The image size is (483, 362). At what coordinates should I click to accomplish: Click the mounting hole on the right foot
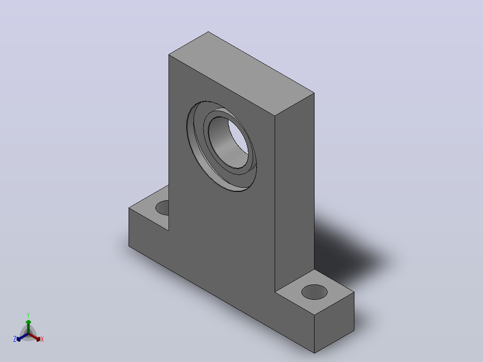click(314, 292)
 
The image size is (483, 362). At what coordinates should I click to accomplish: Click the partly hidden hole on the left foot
click(163, 207)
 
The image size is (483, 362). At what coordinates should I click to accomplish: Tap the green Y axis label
click(28, 315)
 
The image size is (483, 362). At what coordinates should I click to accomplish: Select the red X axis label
click(42, 339)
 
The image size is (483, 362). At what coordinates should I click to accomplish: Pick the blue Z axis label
click(15, 339)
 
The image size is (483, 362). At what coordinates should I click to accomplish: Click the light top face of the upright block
click(241, 73)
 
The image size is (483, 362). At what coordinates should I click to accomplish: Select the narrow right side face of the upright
click(294, 191)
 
